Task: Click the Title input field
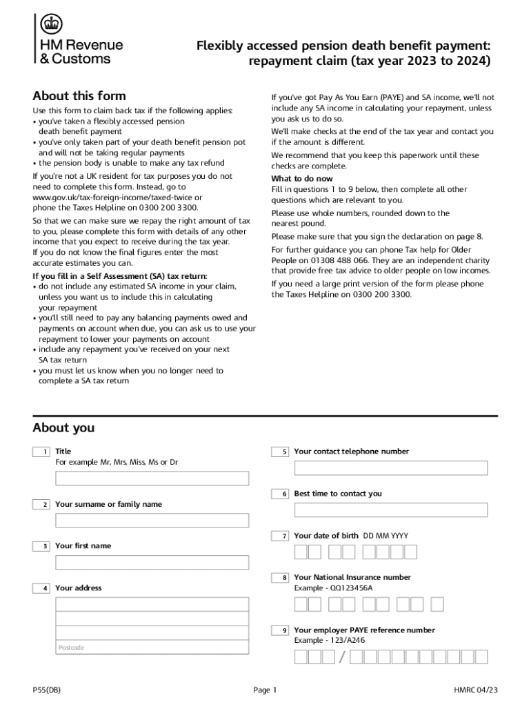coord(152,478)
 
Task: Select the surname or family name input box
coord(152,521)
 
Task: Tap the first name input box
coord(152,563)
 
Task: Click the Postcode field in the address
coord(152,647)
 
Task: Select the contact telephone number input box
coord(390,468)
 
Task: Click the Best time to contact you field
coord(390,510)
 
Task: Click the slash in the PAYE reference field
coord(342,657)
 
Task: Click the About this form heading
coord(79,96)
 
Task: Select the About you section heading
coord(63,428)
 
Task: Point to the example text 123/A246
coord(348,641)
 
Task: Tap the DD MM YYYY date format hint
coord(385,536)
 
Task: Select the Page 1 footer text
coord(265,690)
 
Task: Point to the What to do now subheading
coord(301,179)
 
